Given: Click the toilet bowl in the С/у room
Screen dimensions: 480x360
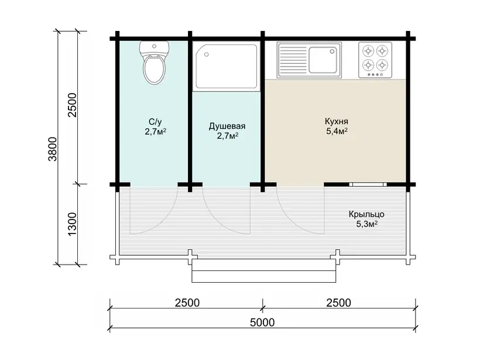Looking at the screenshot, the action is point(155,69).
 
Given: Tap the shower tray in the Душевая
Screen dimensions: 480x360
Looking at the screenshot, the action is point(227,66).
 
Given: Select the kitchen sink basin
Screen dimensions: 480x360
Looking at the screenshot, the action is point(323,60).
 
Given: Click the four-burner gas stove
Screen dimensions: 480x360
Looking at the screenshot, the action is point(375,60).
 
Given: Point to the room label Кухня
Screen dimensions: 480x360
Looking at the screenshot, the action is point(337,121).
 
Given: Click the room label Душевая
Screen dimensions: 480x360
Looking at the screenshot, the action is point(227,126).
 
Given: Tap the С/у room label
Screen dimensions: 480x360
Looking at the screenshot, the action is point(155,122).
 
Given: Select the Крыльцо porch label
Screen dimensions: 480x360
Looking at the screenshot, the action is point(366,214).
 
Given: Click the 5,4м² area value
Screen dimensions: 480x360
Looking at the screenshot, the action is point(337,131).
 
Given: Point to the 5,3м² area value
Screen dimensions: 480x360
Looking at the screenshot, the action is point(367,224).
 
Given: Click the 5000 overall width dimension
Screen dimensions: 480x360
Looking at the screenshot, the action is point(262,323).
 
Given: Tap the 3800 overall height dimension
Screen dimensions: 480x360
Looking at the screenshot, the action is point(53,149).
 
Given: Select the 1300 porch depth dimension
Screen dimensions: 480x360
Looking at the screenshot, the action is point(72,224).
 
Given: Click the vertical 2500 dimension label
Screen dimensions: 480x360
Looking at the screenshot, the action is point(72,105).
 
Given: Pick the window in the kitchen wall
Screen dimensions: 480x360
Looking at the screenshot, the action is point(368,184).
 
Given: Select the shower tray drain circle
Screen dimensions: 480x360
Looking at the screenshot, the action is point(207,54).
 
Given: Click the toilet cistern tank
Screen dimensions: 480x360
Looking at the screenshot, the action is point(155,47).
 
